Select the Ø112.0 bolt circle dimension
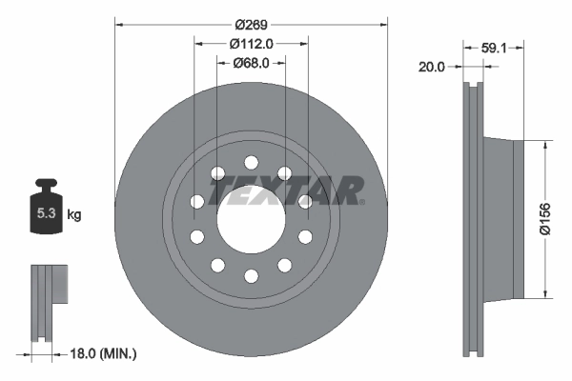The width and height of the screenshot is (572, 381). coord(252,43)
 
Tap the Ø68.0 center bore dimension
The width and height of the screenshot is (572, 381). coord(252,63)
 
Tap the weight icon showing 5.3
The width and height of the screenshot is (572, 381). coord(46,211)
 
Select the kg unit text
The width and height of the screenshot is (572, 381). coord(74,215)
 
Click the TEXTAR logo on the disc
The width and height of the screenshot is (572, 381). coord(286,190)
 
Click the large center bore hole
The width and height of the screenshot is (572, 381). coord(251,219)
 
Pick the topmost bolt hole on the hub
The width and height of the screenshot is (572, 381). coord(251,162)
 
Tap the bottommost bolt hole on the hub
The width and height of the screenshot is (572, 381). coord(251,275)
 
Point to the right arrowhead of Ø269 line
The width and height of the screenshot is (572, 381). coord(385,22)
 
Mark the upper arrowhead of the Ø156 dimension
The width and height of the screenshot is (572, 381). coord(544,145)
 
